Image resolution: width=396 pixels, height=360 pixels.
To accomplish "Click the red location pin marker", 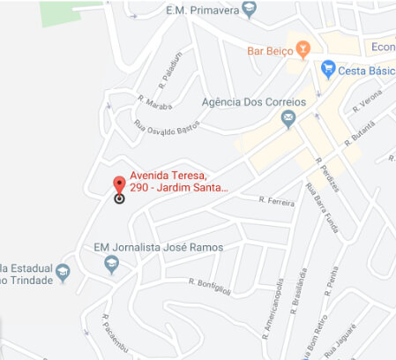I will (119, 185).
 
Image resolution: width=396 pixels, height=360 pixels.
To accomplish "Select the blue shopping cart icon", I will (328, 69).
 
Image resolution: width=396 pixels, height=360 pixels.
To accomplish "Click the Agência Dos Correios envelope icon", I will (288, 121).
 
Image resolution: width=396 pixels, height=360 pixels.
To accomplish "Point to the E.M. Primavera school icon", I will (250, 11).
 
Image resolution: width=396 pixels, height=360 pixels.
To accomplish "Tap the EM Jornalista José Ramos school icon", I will (111, 264).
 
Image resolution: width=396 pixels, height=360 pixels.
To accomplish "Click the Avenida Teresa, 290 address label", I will (179, 181).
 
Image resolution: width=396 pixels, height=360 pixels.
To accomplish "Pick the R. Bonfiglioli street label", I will (209, 282).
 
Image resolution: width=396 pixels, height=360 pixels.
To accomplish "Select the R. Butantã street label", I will (360, 133).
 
